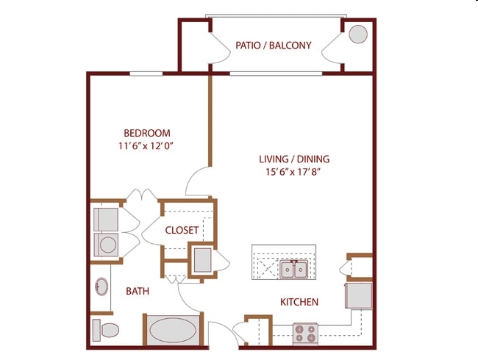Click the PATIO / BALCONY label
coord(274,46)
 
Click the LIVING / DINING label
coord(294,159)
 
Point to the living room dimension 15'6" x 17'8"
coord(294,172)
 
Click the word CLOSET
coord(182,230)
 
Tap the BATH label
coord(138,291)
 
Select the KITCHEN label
coord(299,302)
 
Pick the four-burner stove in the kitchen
coord(305,334)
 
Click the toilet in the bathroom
coord(106,329)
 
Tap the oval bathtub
coord(174,330)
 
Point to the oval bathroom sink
coord(101,287)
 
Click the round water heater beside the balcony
coord(358,35)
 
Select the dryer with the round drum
coord(107,245)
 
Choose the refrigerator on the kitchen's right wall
coord(359,295)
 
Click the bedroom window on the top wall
coord(146,73)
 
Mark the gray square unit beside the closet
coord(201,260)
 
